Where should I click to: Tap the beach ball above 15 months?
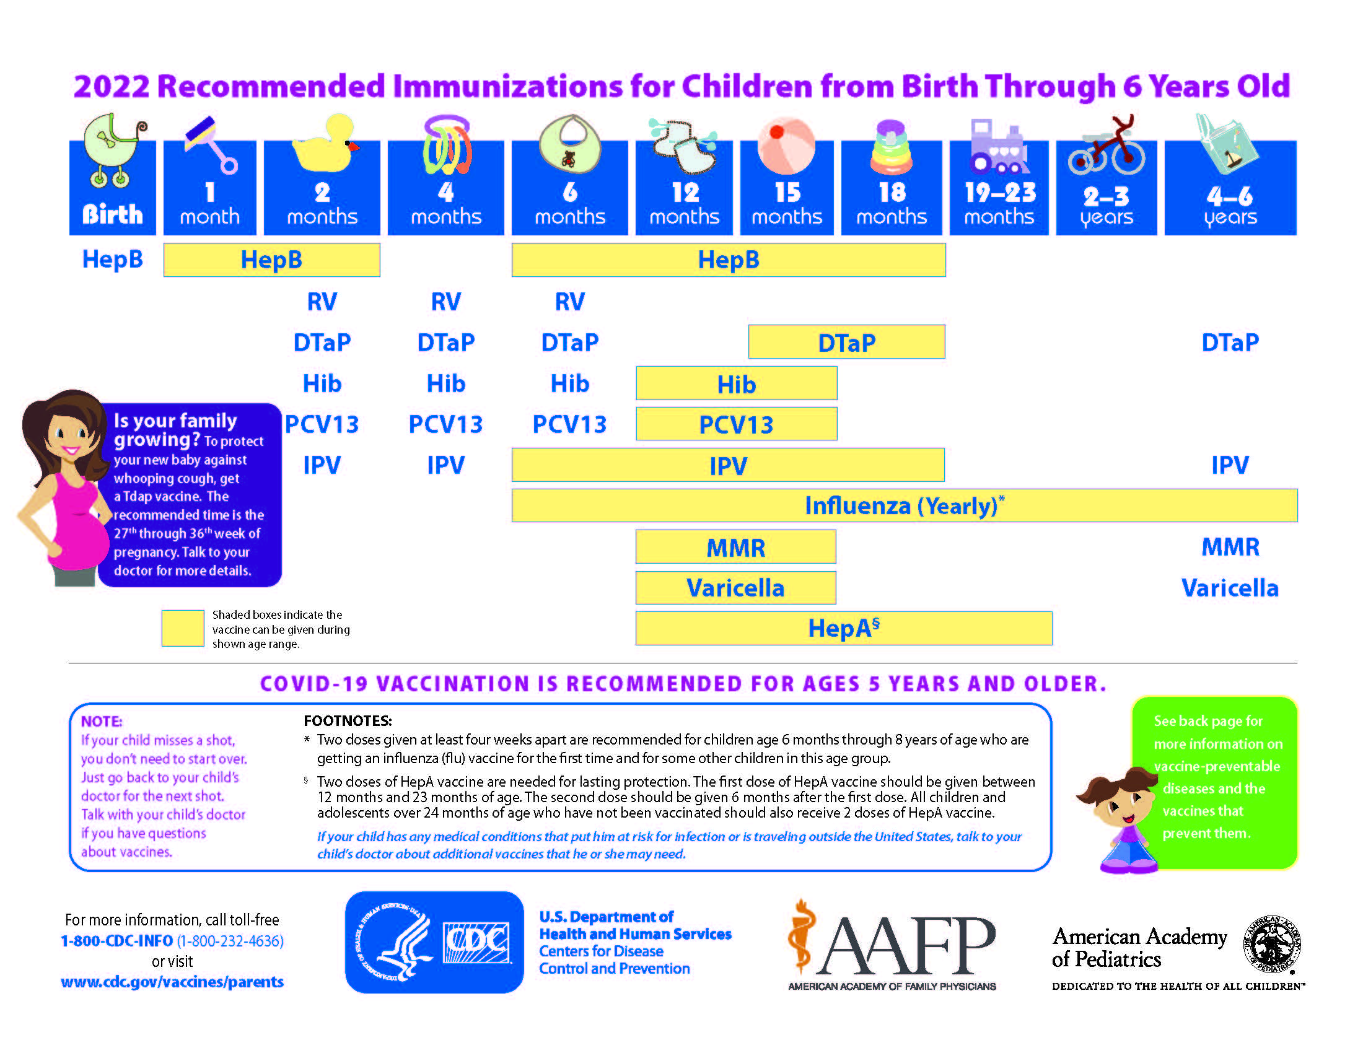pyautogui.click(x=786, y=146)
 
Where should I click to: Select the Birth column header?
pyautogui.click(x=112, y=187)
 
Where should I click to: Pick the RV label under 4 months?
pyautogui.click(x=445, y=302)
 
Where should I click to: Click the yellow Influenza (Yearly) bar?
pyautogui.click(x=904, y=505)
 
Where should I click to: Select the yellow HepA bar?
pyautogui.click(x=843, y=628)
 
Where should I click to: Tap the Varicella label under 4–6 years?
pyautogui.click(x=1229, y=588)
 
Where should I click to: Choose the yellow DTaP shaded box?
pyautogui.click(x=846, y=342)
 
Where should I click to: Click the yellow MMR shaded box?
pyautogui.click(x=735, y=547)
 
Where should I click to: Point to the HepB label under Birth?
pyautogui.click(x=112, y=260)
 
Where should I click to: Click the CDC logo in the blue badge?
pyautogui.click(x=476, y=942)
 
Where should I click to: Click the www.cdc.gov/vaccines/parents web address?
pyautogui.click(x=172, y=982)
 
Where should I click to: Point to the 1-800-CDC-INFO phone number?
pyautogui.click(x=116, y=941)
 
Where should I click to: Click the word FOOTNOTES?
pyautogui.click(x=348, y=721)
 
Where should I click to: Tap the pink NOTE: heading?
pyautogui.click(x=102, y=721)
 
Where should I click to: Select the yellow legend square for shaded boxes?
pyautogui.click(x=182, y=627)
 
